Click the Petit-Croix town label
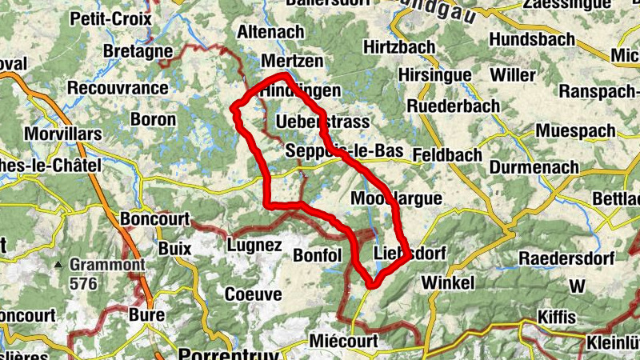[111, 18]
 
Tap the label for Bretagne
[138, 51]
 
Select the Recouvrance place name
[118, 88]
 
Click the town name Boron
[153, 119]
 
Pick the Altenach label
[271, 33]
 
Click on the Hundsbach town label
[532, 39]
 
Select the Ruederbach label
[453, 106]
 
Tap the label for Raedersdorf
[566, 258]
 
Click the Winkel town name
[448, 283]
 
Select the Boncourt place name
[154, 218]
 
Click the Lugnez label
[254, 245]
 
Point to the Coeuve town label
[253, 294]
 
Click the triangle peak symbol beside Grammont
[59, 265]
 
